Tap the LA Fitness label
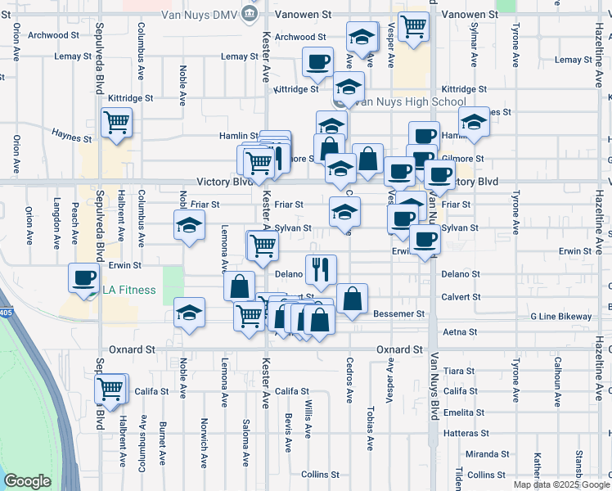coord(129,288)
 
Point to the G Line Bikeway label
coord(560,316)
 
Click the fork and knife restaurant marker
coord(321,268)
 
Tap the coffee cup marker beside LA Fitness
coord(83,277)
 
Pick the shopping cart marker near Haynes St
coord(116,122)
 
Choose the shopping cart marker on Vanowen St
coord(413,26)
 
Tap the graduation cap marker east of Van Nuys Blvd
coord(473,121)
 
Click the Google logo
coord(26,481)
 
